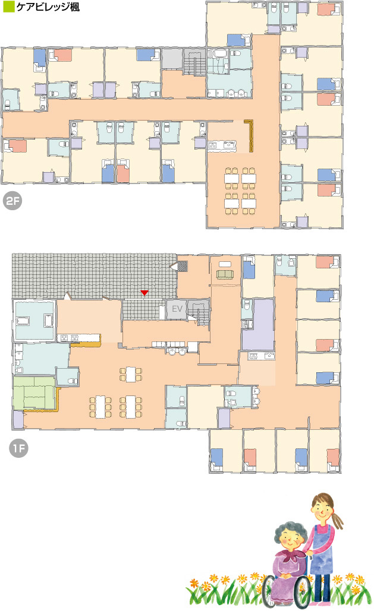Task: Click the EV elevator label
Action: pyautogui.click(x=177, y=309)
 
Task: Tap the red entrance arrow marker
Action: pyautogui.click(x=144, y=293)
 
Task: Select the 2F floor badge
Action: pyautogui.click(x=12, y=201)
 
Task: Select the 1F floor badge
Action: pyautogui.click(x=18, y=448)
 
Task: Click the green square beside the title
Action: pyautogui.click(x=8, y=7)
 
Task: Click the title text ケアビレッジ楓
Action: pyautogui.click(x=48, y=7)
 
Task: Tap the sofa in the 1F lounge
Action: pyautogui.click(x=225, y=274)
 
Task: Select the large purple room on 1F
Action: pyautogui.click(x=258, y=325)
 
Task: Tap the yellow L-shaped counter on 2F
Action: pyautogui.click(x=250, y=134)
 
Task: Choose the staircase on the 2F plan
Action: pyautogui.click(x=195, y=62)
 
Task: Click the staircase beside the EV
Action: pyautogui.click(x=199, y=311)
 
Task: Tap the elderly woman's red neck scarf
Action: pyautogui.click(x=291, y=555)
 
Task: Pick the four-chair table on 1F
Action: pyautogui.click(x=130, y=375)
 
